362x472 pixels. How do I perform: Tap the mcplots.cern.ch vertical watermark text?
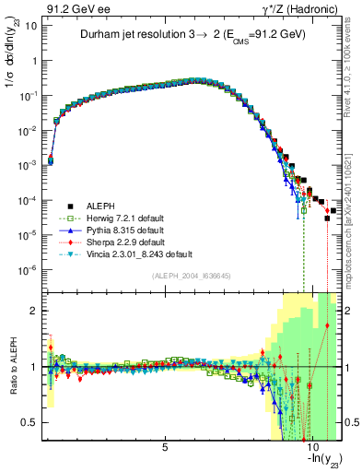coord(354,221)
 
